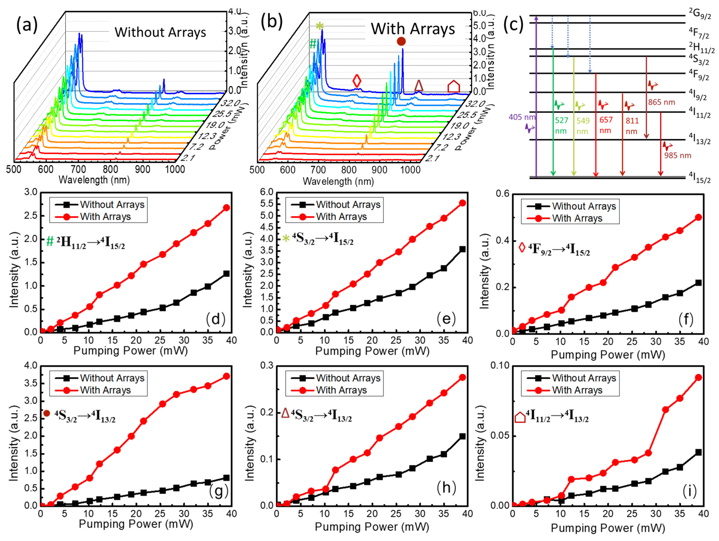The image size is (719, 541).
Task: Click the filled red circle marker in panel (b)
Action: click(401, 41)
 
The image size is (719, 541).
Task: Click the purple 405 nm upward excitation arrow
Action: click(536, 97)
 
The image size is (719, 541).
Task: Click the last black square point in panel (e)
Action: click(462, 249)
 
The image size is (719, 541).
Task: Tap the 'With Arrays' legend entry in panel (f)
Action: click(577, 218)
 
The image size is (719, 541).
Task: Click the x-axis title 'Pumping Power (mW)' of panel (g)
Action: click(136, 524)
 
